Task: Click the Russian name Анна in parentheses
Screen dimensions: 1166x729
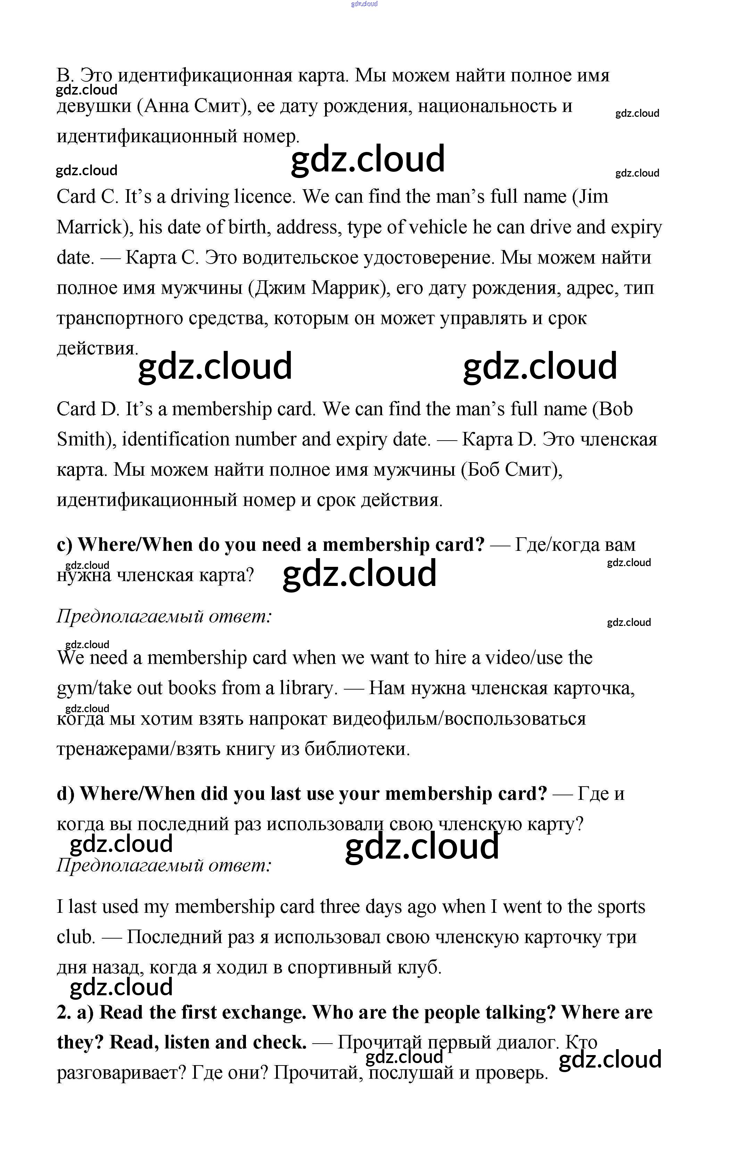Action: [166, 106]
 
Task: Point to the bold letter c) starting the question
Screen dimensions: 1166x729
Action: [65, 545]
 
